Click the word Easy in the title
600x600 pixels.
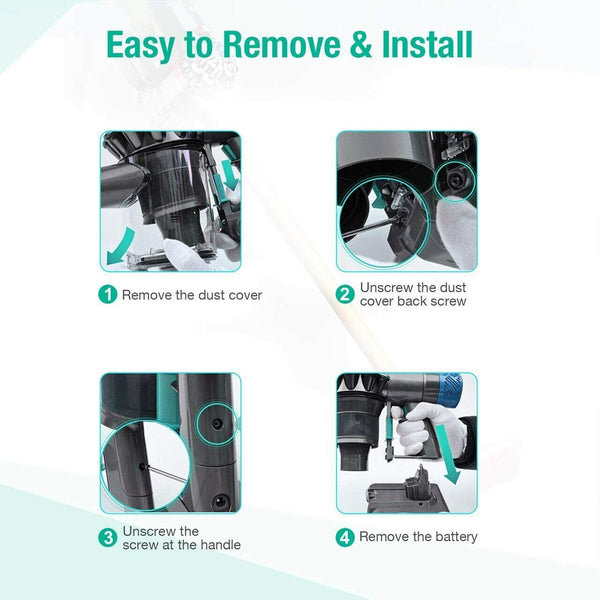tap(141, 46)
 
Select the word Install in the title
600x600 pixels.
tap(427, 44)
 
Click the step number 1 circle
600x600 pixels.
tap(108, 295)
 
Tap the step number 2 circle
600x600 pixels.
tap(345, 295)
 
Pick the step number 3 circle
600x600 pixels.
tap(108, 538)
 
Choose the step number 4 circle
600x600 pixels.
tap(345, 537)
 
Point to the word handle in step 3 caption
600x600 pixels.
tap(220, 545)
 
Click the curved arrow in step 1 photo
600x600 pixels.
tap(120, 246)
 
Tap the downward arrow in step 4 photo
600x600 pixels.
tap(447, 454)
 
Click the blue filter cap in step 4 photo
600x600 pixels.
tap(449, 390)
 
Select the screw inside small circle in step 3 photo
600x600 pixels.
tap(217, 424)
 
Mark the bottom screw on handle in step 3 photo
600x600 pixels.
tap(220, 501)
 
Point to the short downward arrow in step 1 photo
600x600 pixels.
tap(230, 175)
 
